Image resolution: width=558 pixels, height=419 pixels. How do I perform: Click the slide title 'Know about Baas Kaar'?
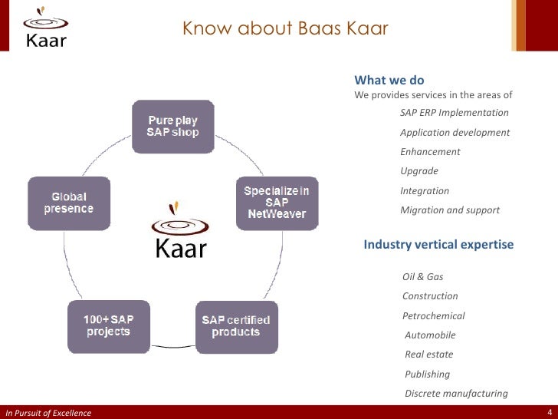(285, 29)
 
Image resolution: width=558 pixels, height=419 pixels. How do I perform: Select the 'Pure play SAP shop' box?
(172, 127)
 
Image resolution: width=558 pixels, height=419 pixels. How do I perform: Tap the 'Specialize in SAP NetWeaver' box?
(276, 203)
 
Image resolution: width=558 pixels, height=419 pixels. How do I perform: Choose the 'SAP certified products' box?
(235, 326)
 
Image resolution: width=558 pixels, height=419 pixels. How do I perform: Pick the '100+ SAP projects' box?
(108, 326)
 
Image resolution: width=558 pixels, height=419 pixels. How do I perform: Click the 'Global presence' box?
(69, 203)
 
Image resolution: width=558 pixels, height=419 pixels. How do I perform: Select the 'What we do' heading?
(389, 81)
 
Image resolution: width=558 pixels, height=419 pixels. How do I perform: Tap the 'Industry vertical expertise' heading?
(438, 245)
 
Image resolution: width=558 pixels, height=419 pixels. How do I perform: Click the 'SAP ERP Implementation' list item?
(454, 113)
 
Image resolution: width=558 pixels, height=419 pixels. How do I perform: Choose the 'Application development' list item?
(455, 133)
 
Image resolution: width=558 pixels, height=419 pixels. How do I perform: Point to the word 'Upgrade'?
(419, 171)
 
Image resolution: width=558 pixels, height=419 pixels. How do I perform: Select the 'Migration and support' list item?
(449, 210)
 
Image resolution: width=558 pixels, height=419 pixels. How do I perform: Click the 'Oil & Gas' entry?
(422, 276)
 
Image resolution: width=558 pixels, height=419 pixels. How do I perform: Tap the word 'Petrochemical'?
(433, 316)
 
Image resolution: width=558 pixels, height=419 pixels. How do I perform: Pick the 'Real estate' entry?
(428, 355)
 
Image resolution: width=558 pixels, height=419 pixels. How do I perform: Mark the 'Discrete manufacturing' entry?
(455, 394)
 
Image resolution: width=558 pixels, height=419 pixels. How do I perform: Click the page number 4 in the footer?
(550, 412)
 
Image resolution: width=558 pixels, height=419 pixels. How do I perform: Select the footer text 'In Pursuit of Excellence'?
(48, 413)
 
